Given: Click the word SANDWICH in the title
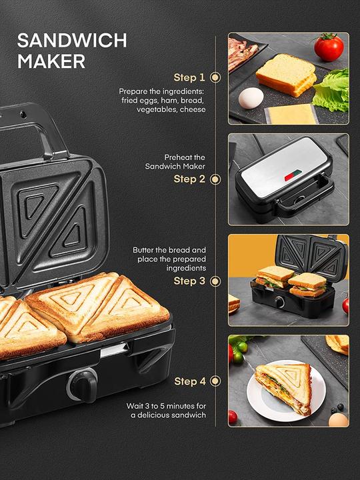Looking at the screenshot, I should point(71,40).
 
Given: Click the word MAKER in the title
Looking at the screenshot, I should point(51,61).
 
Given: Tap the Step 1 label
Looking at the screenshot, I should point(189,77).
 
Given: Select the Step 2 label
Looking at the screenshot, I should point(189,179).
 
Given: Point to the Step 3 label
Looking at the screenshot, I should point(189,281).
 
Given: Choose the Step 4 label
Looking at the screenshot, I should point(189,381).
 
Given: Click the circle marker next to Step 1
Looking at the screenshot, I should point(215,77).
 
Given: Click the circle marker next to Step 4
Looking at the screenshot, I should point(215,381).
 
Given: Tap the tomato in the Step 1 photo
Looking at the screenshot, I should point(329,47).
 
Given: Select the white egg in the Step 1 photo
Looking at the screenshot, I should point(251,98).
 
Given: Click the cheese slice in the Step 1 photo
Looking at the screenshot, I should point(291,113).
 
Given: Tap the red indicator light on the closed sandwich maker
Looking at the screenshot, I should point(291,177).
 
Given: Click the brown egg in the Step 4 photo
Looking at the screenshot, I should point(338,420).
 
